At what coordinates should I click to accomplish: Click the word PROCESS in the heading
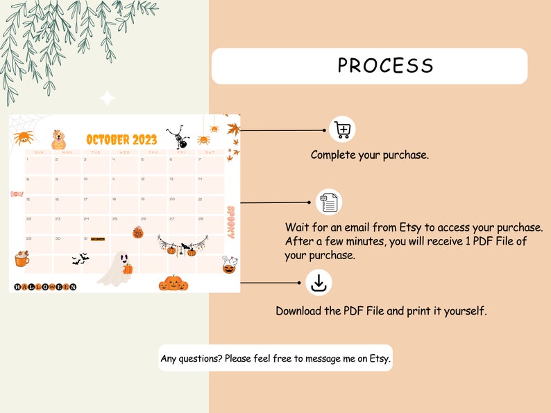click(x=385, y=66)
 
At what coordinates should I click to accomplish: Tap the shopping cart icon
click(x=342, y=129)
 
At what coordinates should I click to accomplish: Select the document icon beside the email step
click(x=329, y=202)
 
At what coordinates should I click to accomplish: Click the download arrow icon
click(x=319, y=283)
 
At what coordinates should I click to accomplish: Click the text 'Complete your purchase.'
click(x=369, y=155)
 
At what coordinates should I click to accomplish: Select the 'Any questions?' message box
click(x=275, y=358)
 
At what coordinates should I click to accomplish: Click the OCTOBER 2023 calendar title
click(x=121, y=139)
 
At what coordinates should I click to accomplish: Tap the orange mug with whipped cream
click(x=22, y=260)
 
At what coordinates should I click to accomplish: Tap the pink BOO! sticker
click(x=17, y=195)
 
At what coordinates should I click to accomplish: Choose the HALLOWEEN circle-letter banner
click(x=45, y=287)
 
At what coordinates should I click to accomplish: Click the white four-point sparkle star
click(x=107, y=98)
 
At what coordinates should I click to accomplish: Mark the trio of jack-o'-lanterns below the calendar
click(x=173, y=282)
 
